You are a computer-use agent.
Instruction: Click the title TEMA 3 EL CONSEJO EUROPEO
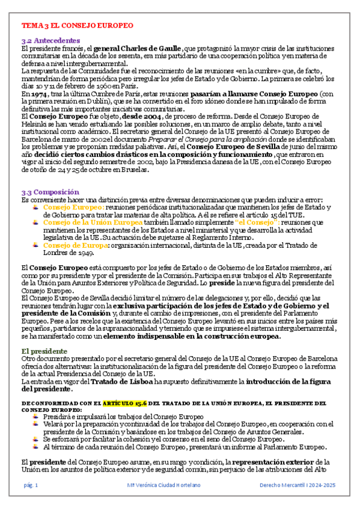pos(77,26)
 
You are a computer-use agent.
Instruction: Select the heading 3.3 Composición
pos(50,192)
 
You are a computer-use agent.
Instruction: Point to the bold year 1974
pos(36,94)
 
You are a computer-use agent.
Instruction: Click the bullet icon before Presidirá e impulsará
pos(37,416)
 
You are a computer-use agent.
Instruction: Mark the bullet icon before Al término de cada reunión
pos(37,446)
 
